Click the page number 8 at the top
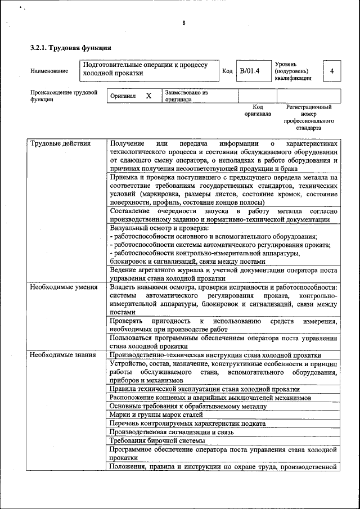pyautogui.click(x=183, y=23)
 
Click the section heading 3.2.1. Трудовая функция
pyautogui.click(x=70, y=48)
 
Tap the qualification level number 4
pyautogui.click(x=332, y=71)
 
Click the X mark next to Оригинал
pyautogui.click(x=148, y=96)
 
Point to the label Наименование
pyautogui.click(x=49, y=71)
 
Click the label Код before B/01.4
pyautogui.click(x=227, y=71)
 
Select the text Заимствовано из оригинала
pyautogui.click(x=186, y=96)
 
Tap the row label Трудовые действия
pyautogui.click(x=60, y=143)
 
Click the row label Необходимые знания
pyautogui.click(x=62, y=355)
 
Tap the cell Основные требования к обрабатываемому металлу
pyautogui.click(x=188, y=406)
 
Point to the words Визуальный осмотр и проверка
pyautogui.click(x=159, y=228)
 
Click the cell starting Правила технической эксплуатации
pyautogui.click(x=205, y=389)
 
